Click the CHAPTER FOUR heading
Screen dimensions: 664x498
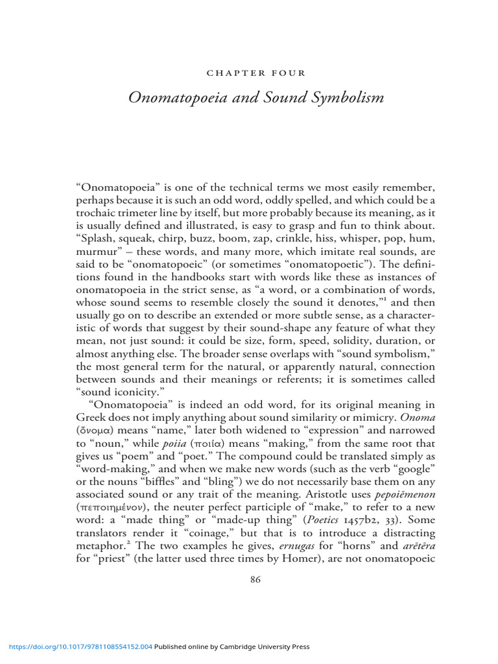coord(255,73)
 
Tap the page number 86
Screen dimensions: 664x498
coord(255,580)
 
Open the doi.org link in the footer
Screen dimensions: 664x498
coord(80,646)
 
